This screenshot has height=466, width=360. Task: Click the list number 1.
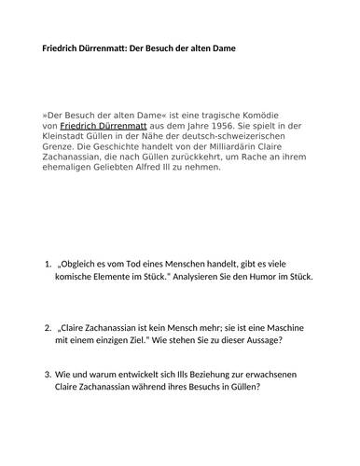[48, 265]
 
